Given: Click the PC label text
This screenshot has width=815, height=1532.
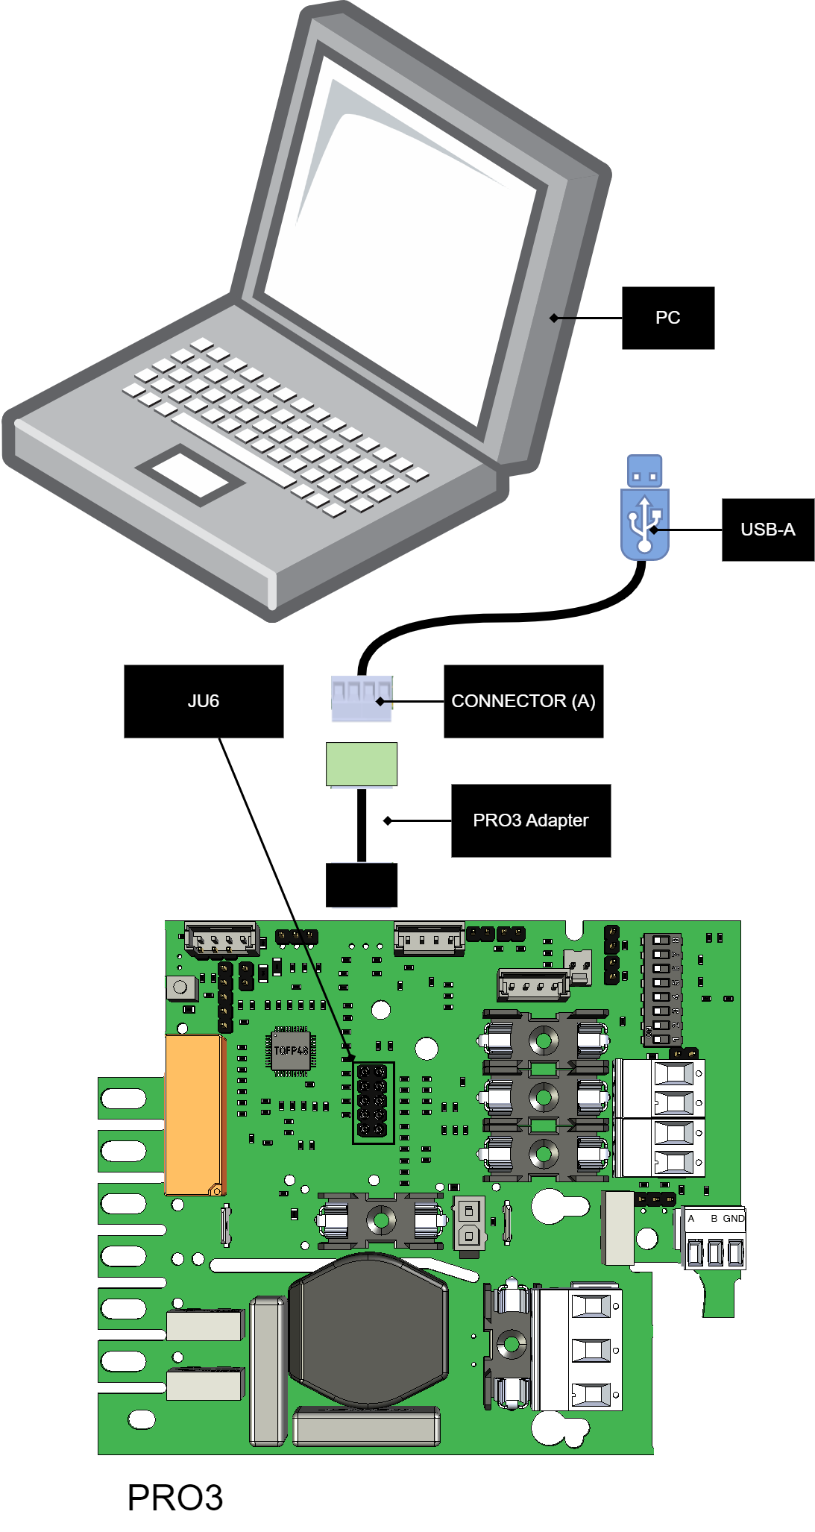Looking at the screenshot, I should (667, 318).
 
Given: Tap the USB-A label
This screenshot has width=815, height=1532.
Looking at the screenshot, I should (767, 530).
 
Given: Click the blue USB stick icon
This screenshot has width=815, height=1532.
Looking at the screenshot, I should (645, 515).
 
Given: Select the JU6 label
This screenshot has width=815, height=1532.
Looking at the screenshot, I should (204, 701).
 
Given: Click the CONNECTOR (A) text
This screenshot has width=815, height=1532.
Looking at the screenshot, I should (523, 701).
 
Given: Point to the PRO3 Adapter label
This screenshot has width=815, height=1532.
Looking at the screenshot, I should (530, 820).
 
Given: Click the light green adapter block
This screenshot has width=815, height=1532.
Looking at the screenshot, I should (362, 764).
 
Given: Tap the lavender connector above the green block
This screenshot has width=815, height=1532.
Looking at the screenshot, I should (362, 700).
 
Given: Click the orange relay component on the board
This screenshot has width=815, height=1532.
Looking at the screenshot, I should (194, 1115).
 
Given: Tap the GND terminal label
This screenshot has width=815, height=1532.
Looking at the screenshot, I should (733, 1218).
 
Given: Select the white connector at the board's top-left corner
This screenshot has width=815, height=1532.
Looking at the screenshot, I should (221, 940).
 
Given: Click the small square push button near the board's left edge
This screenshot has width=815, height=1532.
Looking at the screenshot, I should (180, 988).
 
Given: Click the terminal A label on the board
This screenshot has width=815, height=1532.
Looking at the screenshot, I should (691, 1218).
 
